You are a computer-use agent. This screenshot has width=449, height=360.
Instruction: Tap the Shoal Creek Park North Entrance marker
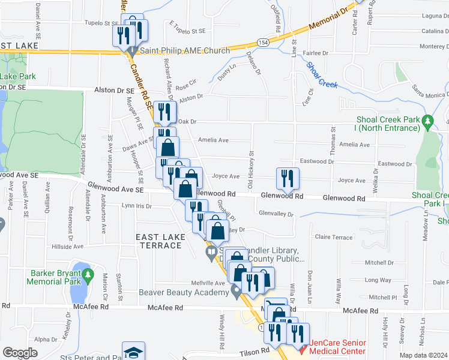pyautogui.click(x=427, y=122)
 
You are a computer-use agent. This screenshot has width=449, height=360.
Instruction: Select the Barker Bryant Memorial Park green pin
pyautogui.click(x=89, y=275)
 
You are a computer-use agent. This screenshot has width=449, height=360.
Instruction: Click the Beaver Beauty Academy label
pyautogui.click(x=184, y=292)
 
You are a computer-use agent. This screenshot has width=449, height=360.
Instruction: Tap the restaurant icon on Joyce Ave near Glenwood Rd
pyautogui.click(x=288, y=178)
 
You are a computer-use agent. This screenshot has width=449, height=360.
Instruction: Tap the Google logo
pyautogui.click(x=20, y=353)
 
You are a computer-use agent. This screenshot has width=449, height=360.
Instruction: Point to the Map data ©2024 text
pyautogui.click(x=424, y=355)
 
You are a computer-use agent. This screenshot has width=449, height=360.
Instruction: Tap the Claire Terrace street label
pyautogui.click(x=334, y=238)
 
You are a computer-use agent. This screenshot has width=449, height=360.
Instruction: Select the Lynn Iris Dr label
pyautogui.click(x=136, y=206)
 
